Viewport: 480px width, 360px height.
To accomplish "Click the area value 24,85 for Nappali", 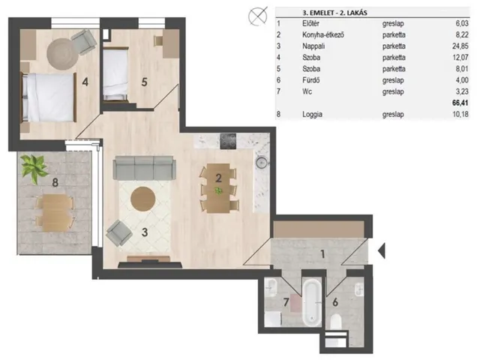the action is (460, 46).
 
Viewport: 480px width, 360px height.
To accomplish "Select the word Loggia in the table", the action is (312, 115).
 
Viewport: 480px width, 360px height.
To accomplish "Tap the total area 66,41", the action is (460, 103).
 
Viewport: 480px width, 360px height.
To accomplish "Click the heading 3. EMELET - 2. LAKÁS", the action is (334, 13).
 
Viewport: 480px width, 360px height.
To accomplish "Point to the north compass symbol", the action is (258, 16).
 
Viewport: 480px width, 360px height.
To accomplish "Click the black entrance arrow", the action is (382, 250).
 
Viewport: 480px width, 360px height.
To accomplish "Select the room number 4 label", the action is (85, 82).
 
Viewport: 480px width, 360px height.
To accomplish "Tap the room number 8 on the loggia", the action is (55, 182).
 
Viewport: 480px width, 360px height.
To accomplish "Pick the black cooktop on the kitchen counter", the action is (228, 141).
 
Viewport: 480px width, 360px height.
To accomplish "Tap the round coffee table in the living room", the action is (143, 199).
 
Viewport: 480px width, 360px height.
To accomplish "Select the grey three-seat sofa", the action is (144, 167).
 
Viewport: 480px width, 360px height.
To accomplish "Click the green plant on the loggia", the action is (34, 168).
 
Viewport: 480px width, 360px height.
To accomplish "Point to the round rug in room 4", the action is (61, 53).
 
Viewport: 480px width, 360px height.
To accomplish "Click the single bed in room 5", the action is (115, 73).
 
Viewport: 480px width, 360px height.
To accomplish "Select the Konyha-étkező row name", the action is (323, 35).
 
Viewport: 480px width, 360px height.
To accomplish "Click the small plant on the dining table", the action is (218, 191).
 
